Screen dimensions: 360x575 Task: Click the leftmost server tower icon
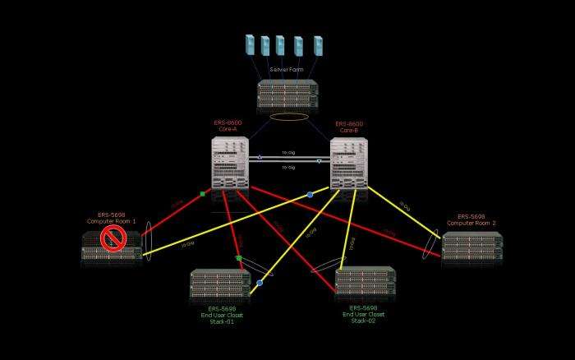tap(250, 44)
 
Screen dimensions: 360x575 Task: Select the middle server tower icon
tap(280, 45)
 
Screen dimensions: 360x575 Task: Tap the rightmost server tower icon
tap(318, 45)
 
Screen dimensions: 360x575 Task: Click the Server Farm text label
tap(287, 70)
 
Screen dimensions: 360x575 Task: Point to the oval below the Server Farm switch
tap(289, 117)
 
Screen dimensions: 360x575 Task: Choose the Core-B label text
tap(349, 127)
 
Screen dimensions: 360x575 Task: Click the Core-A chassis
tap(230, 163)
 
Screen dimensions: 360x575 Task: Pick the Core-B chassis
tap(348, 164)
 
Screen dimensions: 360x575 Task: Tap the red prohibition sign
tap(113, 238)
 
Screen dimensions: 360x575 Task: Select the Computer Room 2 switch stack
tap(471, 247)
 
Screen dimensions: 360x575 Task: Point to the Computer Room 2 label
tap(471, 219)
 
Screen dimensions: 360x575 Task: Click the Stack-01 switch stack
tap(220, 284)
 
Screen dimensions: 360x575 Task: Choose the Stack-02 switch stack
tap(365, 280)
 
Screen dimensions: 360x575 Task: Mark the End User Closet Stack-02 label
tap(364, 313)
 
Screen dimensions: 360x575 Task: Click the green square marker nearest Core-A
tap(202, 194)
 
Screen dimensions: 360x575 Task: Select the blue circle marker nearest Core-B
tap(310, 195)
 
